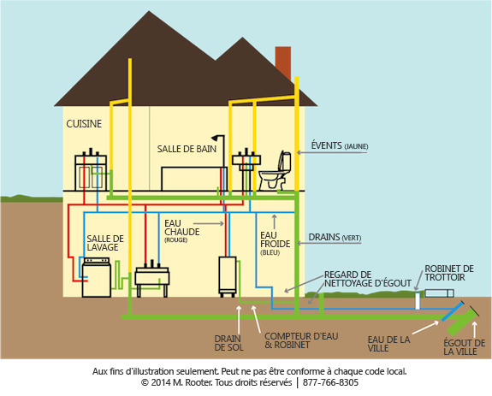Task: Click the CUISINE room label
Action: [x=84, y=124]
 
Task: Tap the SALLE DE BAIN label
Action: [x=187, y=149]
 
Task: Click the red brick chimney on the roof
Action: [x=282, y=62]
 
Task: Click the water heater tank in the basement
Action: [x=228, y=275]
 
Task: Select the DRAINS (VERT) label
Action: [x=336, y=236]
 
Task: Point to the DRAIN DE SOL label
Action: [x=227, y=343]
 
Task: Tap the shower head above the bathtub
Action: [x=219, y=139]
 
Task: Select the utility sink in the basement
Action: [x=151, y=279]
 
